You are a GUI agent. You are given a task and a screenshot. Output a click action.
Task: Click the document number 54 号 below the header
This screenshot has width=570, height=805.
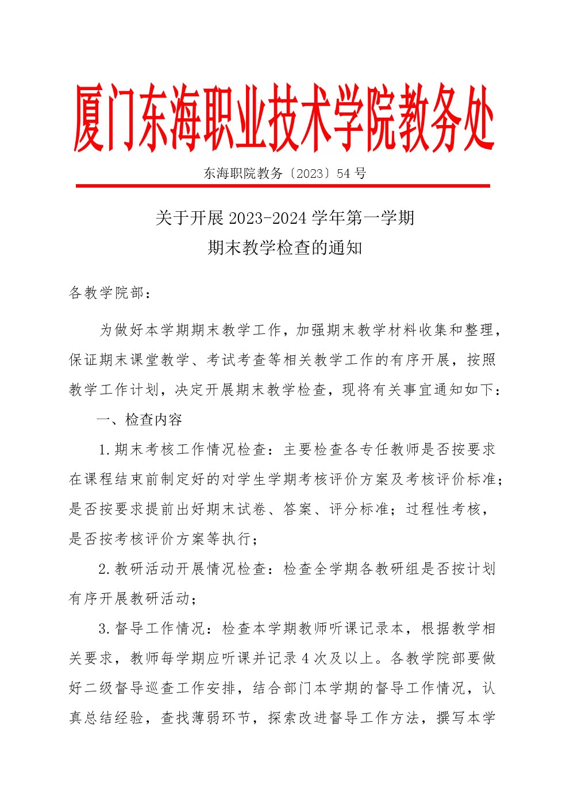pyautogui.click(x=352, y=173)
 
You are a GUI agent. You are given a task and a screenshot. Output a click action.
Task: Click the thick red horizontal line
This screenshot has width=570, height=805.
pyautogui.click(x=283, y=186)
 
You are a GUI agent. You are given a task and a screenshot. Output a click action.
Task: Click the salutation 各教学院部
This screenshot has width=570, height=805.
pyautogui.click(x=107, y=293)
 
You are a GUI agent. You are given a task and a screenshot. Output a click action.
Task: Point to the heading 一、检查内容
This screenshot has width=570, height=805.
pyautogui.click(x=140, y=419)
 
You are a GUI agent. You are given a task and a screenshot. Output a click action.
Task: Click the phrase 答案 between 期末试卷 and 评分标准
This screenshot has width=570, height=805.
pyautogui.click(x=297, y=510)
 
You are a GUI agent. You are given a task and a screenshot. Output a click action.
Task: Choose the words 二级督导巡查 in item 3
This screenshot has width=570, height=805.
pyautogui.click(x=130, y=689)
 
